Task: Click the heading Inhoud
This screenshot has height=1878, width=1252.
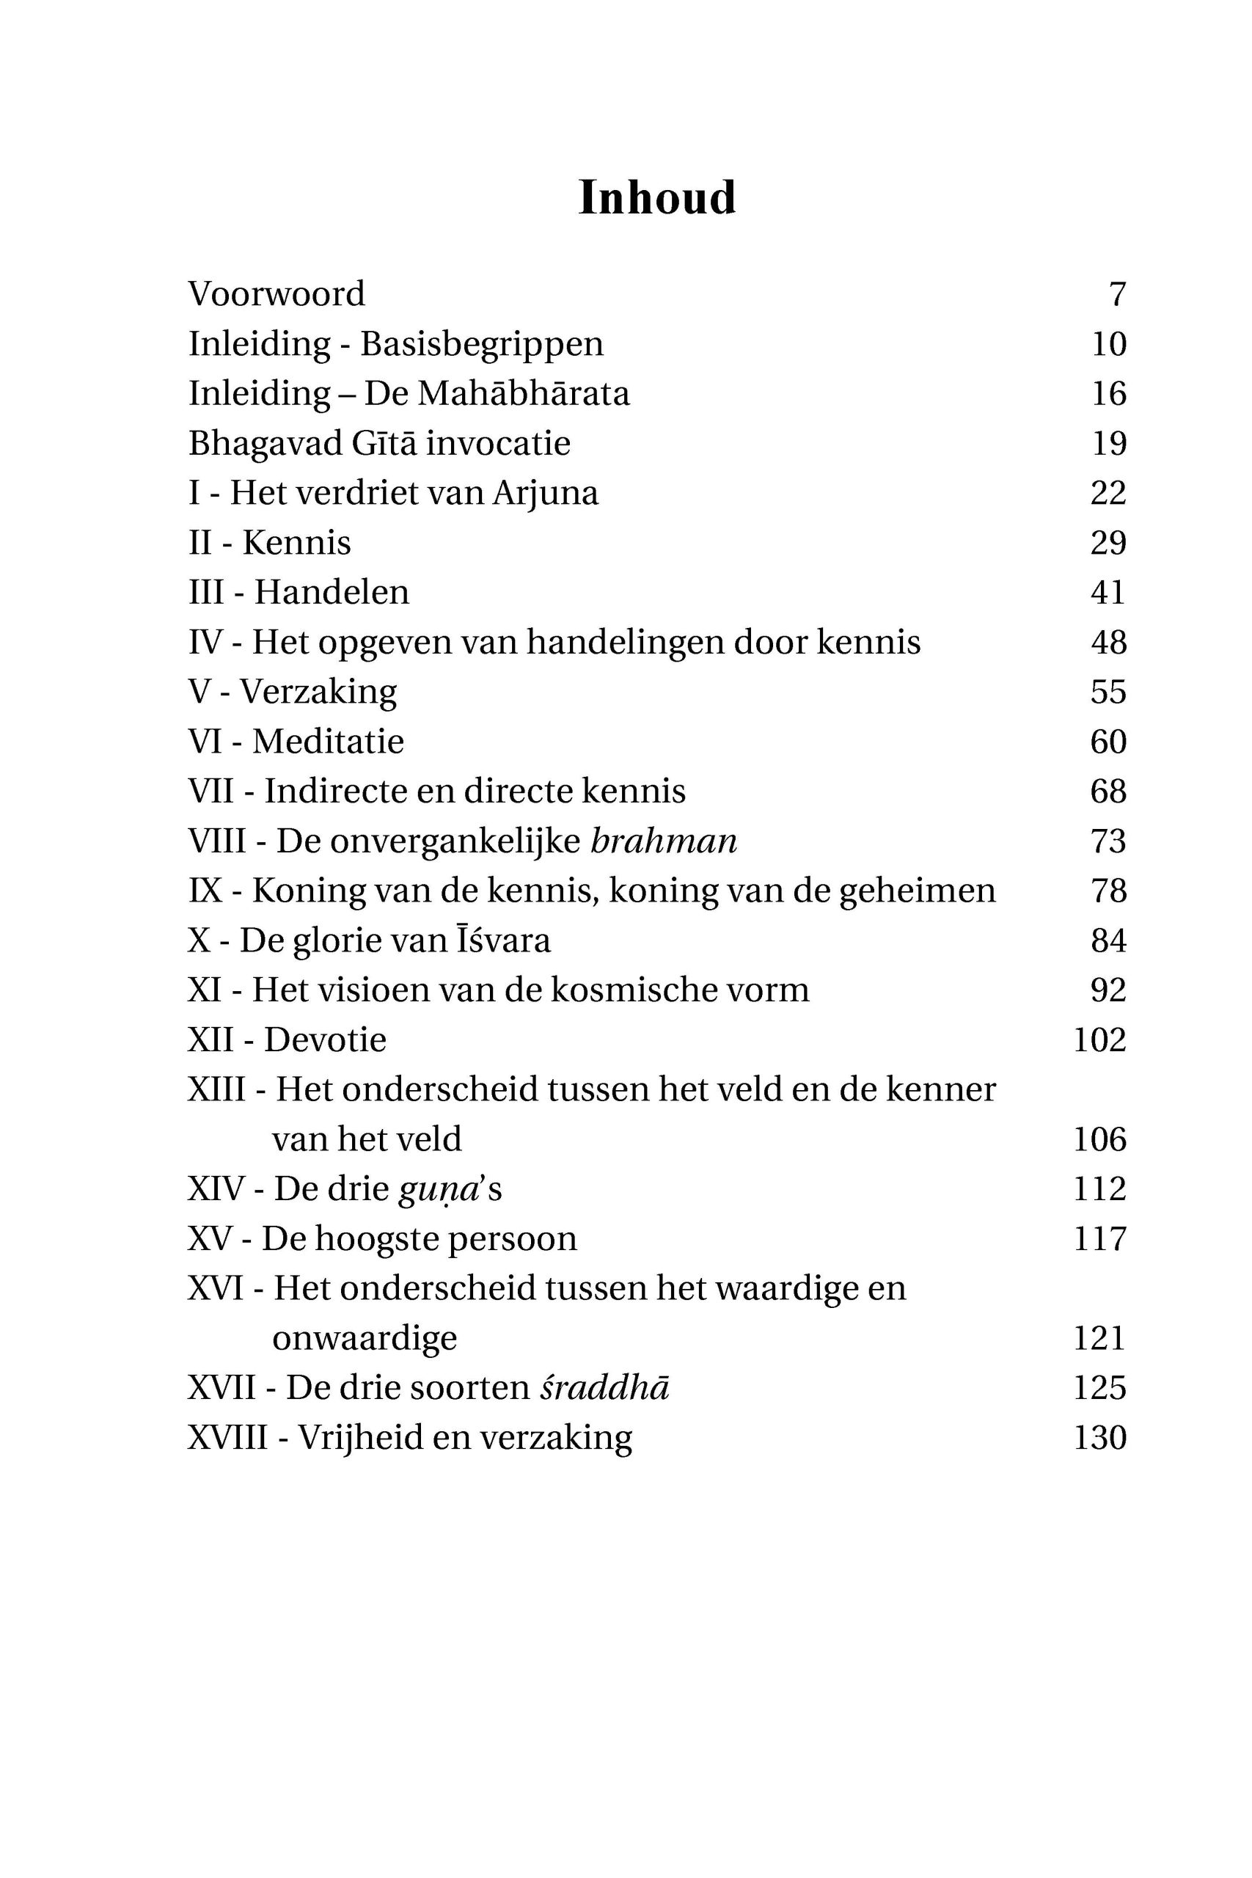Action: (656, 198)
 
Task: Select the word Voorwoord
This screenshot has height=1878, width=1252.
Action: (277, 294)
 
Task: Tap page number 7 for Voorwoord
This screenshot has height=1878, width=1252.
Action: (1117, 295)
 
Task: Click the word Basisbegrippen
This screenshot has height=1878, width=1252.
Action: (481, 344)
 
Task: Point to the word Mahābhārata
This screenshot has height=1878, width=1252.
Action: (523, 394)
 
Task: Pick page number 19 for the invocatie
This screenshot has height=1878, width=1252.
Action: (1108, 443)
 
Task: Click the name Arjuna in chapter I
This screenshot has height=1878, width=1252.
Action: (546, 494)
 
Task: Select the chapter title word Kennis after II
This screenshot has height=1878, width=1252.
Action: (296, 543)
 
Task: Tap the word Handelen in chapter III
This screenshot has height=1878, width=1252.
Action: (332, 593)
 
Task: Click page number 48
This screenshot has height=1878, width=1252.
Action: (1108, 642)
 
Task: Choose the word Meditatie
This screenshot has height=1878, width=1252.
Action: (328, 742)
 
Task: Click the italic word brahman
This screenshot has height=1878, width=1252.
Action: (664, 841)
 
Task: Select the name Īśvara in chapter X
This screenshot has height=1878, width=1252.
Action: (504, 940)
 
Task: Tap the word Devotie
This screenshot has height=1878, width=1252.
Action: (325, 1040)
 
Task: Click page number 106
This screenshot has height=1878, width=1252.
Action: (1099, 1139)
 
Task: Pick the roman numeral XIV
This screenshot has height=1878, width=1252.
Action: (216, 1189)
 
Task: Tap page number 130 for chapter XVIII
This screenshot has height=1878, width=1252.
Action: (1099, 1438)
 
